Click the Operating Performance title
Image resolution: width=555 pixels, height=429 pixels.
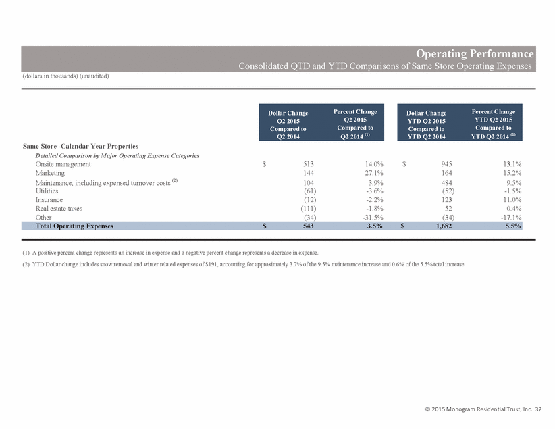point(474,53)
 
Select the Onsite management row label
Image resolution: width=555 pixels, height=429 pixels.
point(63,164)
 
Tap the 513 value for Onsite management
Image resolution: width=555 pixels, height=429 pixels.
point(309,164)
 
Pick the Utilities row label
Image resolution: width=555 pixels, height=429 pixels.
point(47,191)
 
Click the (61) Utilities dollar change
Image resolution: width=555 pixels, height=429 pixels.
point(310,191)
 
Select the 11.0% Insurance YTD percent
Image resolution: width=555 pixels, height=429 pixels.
point(512,200)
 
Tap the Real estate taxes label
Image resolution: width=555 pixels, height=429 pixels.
point(59,209)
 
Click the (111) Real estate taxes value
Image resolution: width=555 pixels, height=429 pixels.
point(309,209)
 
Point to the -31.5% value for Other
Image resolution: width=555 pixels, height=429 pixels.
point(373,218)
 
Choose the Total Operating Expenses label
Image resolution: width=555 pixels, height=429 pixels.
point(74,226)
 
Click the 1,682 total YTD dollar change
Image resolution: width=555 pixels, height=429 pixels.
point(444,226)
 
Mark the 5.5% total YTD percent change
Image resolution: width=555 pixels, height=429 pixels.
point(513,226)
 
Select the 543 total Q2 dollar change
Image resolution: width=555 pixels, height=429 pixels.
point(309,226)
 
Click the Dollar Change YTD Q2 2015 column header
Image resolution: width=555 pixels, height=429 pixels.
point(426,125)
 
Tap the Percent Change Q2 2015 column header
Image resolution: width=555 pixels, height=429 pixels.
point(355,124)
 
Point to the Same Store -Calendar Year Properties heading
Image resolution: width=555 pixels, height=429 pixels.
point(80,146)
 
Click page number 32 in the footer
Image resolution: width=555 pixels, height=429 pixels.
point(538,409)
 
